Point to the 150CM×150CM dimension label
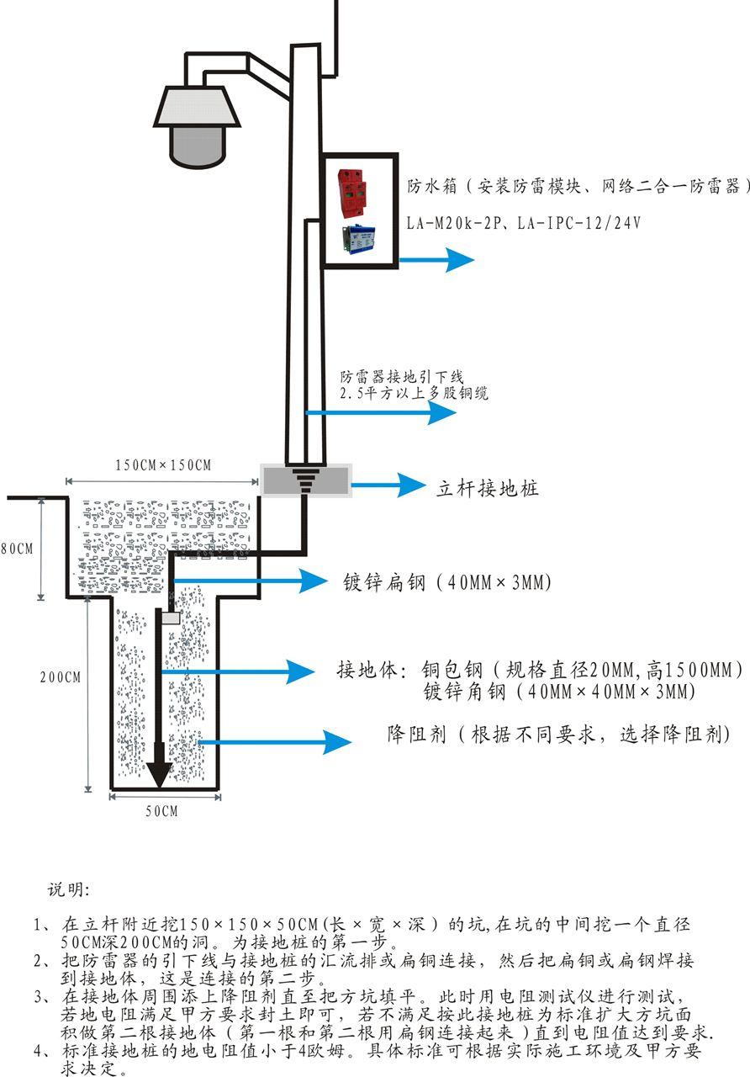[x=163, y=465]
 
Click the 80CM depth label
[x=17, y=549]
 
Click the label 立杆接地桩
[x=487, y=488]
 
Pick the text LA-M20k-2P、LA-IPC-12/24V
[x=524, y=223]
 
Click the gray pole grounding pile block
[x=305, y=480]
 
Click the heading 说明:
[x=72, y=889]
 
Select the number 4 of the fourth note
[x=38, y=1051]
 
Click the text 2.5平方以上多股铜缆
[x=414, y=393]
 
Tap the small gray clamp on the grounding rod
[x=172, y=618]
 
